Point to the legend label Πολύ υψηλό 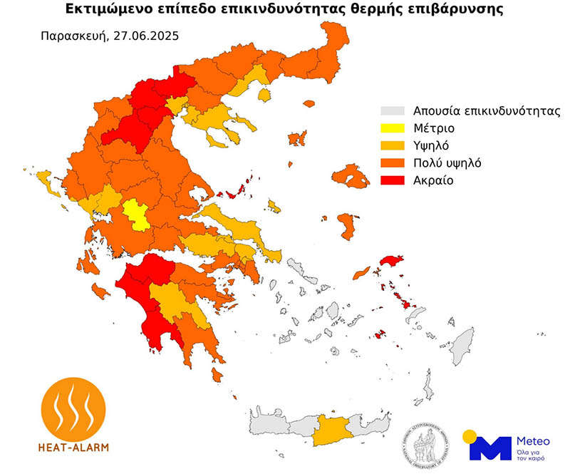click(442, 163)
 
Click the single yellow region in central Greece click(136, 215)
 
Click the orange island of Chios click(348, 226)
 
